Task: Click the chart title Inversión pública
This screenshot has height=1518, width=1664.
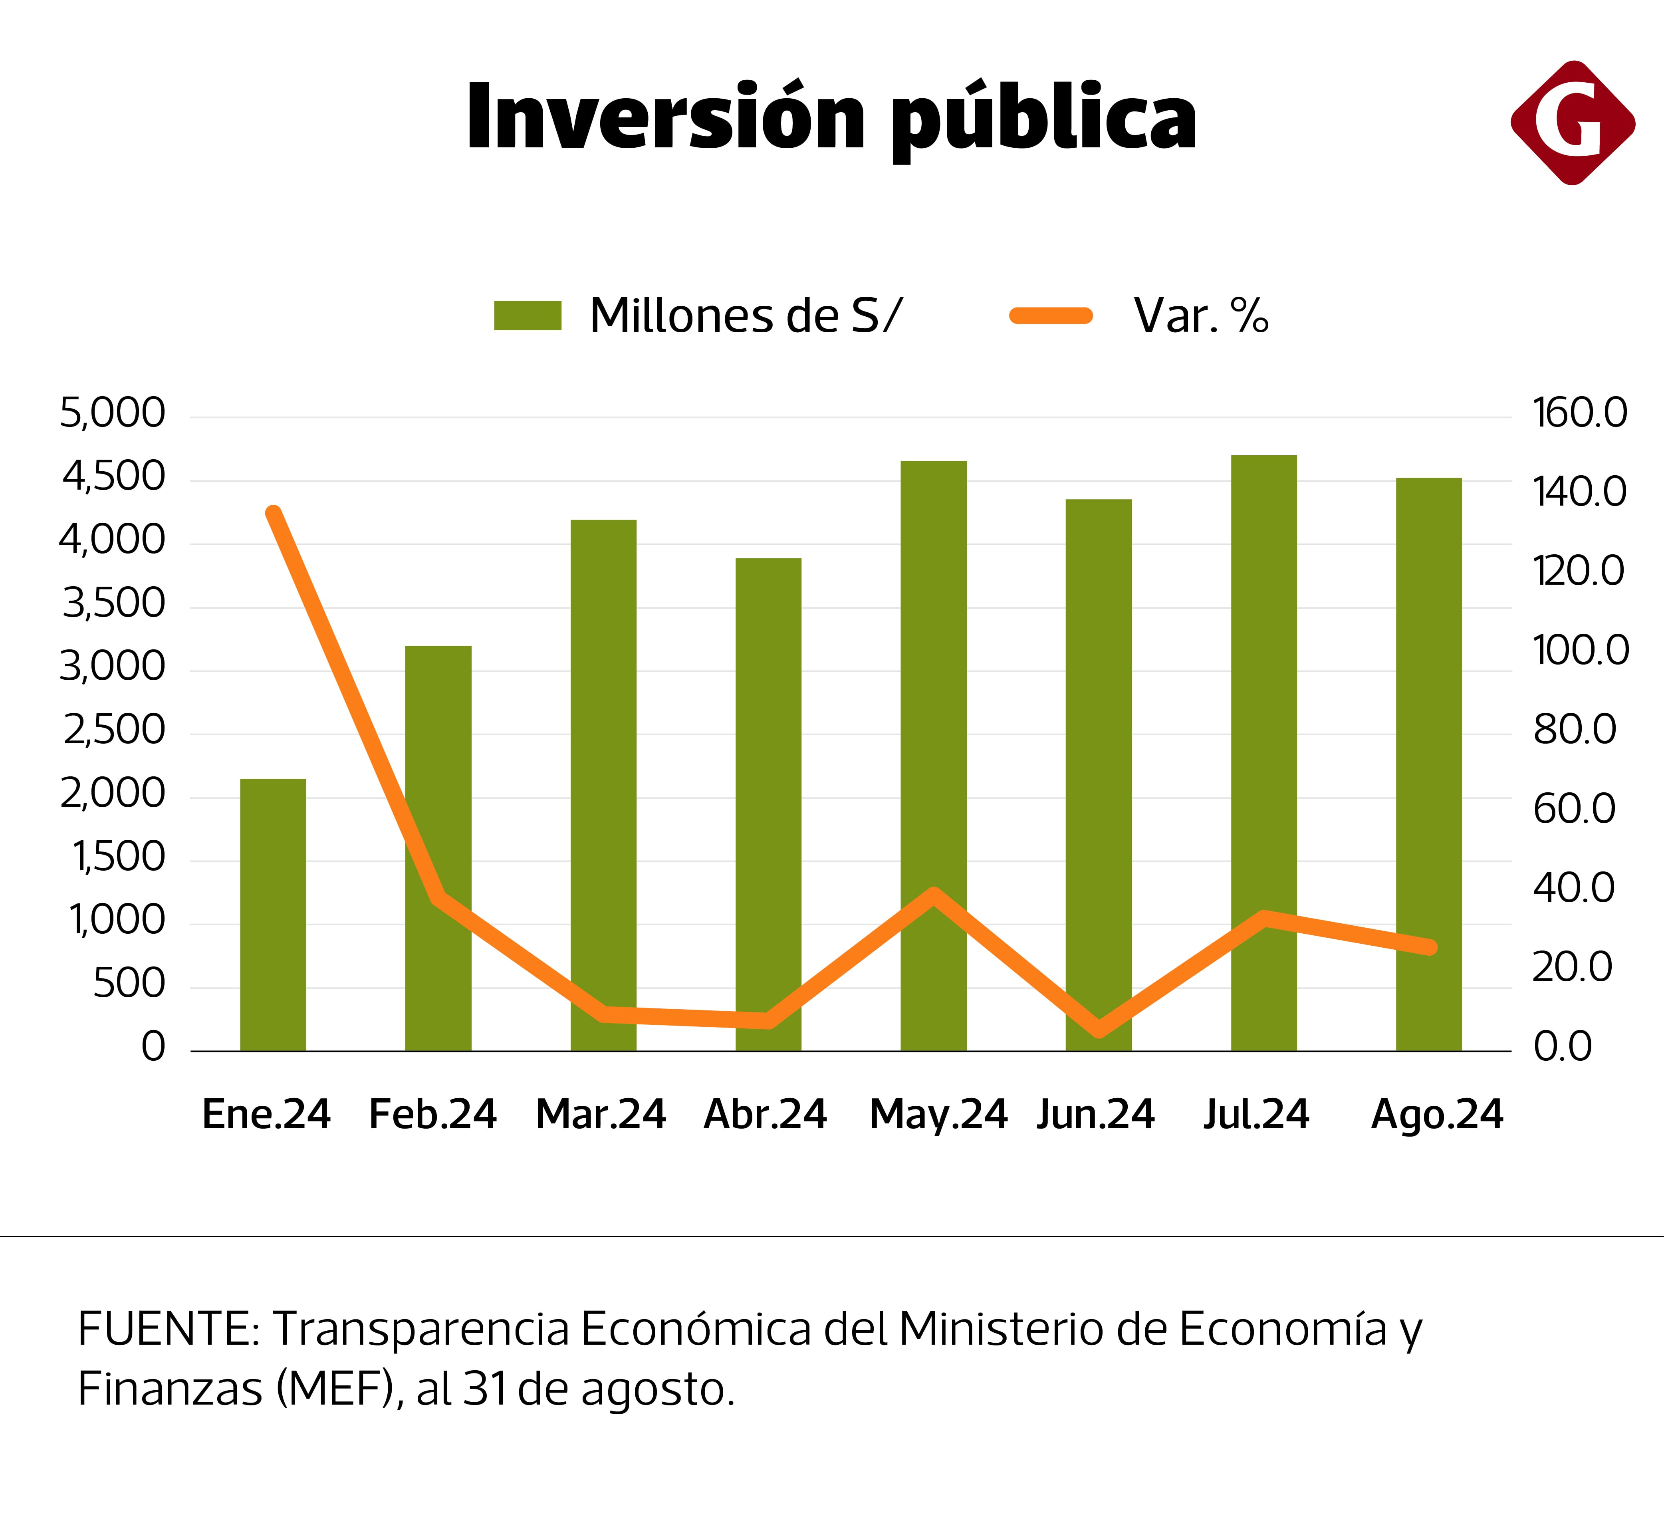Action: pos(831,117)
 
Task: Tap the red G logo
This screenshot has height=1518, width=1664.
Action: pos(1573,122)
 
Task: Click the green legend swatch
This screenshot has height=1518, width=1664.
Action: pos(528,316)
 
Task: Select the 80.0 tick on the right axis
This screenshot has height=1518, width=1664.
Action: pos(1574,730)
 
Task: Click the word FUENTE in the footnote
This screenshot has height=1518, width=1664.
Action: pos(169,1329)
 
